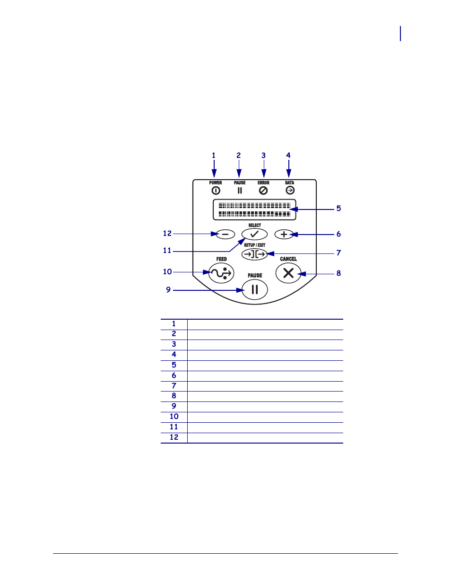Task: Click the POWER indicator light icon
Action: click(216, 191)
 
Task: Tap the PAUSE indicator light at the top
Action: click(240, 191)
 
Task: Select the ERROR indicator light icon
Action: click(263, 191)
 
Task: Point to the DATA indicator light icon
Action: click(290, 190)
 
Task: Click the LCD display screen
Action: click(254, 209)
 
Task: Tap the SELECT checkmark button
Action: click(254, 234)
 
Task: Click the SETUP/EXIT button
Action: click(254, 254)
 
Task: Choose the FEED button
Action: click(221, 273)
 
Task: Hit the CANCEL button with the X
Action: click(288, 273)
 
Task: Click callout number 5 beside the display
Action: click(338, 209)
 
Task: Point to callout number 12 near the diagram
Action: click(167, 234)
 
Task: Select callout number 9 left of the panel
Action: click(168, 290)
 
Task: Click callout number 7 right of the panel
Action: click(338, 253)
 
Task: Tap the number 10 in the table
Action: click(174, 417)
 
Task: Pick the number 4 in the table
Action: click(174, 355)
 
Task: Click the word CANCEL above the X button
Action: click(288, 259)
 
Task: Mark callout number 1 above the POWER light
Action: click(214, 156)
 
